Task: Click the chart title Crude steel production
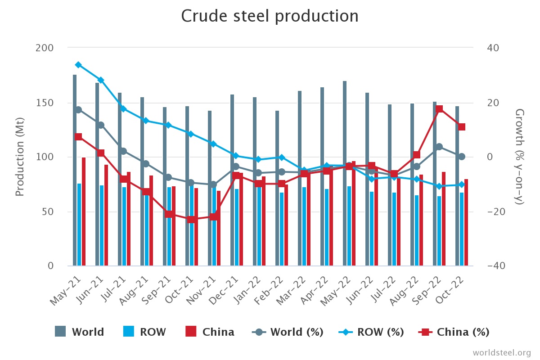point(270,16)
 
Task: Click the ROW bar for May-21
point(79,225)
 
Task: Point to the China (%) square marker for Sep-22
point(439,109)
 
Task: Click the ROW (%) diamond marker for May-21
point(78,65)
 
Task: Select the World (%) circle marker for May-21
point(78,110)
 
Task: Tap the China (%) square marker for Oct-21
point(191,220)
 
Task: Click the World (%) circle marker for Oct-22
point(462,157)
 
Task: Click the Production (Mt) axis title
point(19,157)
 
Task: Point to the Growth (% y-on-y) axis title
point(519,157)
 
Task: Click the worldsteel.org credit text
point(501,352)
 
